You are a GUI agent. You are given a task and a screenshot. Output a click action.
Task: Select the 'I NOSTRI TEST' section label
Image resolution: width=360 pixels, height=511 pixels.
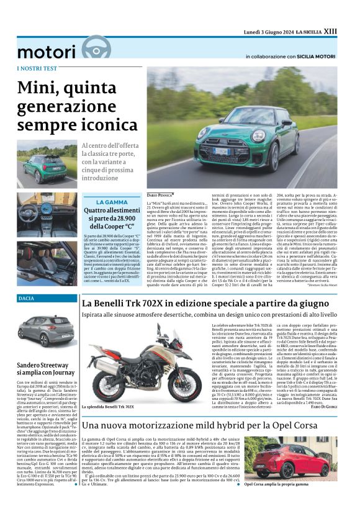pyautogui.click(x=36, y=68)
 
